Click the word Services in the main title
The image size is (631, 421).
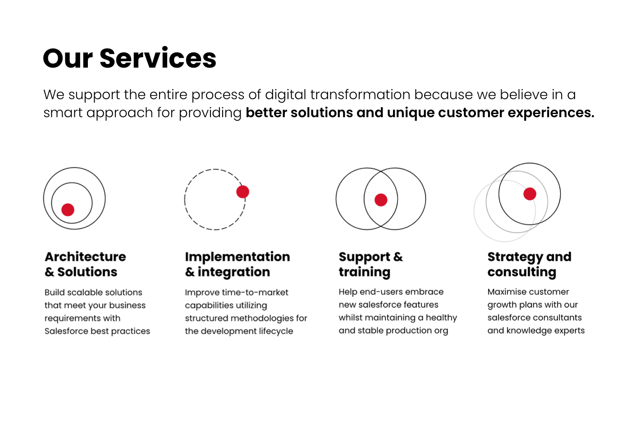coord(158,58)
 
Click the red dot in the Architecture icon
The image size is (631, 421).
coord(68,210)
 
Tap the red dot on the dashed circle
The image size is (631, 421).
coord(242,192)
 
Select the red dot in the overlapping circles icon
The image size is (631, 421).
coord(381,200)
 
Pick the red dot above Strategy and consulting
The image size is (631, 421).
coord(530,194)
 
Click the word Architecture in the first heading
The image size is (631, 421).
coord(85,257)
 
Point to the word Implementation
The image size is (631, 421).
coord(238,257)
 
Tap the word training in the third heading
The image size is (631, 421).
coord(365,272)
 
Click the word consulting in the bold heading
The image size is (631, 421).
coord(522,272)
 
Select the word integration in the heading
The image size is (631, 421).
coord(234,272)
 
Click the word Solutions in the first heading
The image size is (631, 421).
coord(87,272)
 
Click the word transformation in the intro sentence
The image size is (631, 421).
coord(360,94)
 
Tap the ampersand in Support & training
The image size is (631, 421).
coord(398,257)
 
